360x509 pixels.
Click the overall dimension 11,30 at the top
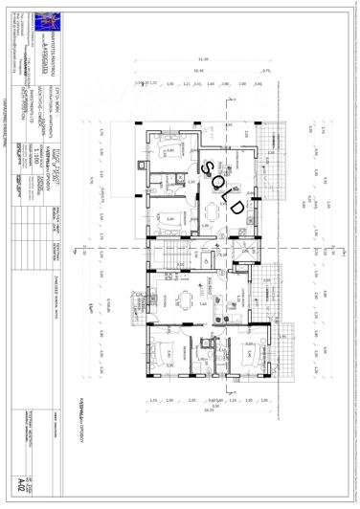click(x=202, y=58)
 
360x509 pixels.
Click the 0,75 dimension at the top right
click(x=266, y=70)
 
